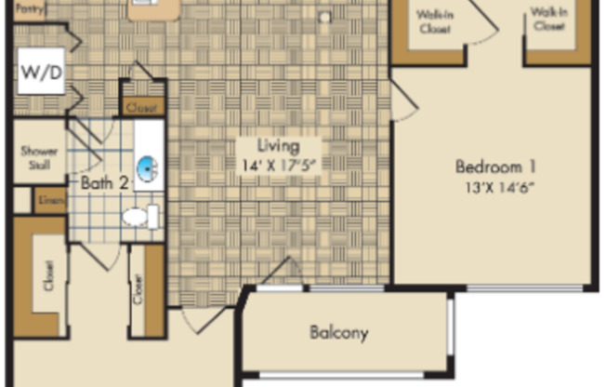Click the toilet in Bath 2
tap(138, 218)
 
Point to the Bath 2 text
tap(102, 183)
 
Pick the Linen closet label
tap(48, 200)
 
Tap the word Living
tap(279, 146)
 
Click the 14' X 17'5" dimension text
tap(279, 166)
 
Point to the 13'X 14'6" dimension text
tap(496, 186)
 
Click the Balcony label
tap(339, 332)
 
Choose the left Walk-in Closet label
tap(433, 21)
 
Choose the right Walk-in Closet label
tap(548, 19)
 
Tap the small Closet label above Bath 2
tap(142, 108)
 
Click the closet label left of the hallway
tap(48, 275)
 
